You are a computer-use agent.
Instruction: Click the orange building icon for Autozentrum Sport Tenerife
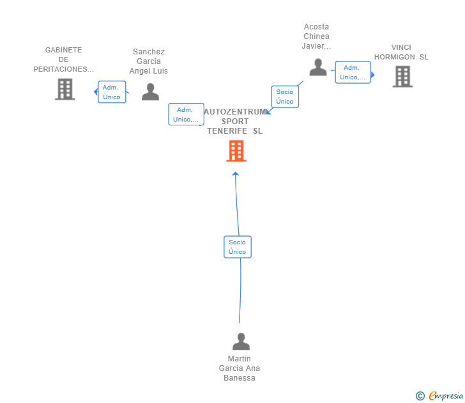tap(236, 151)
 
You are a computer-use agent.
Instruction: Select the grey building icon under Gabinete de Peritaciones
tap(65, 89)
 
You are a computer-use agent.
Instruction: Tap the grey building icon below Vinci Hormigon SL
tap(402, 77)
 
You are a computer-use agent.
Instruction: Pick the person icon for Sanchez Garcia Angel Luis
tap(150, 91)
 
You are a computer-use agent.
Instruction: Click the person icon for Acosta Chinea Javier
tap(318, 67)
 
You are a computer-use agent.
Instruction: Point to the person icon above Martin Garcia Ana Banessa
tap(241, 341)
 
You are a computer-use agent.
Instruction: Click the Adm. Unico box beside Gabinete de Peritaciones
tap(112, 92)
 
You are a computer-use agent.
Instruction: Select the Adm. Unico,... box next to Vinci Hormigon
tap(353, 72)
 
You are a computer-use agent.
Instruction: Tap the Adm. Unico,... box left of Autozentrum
tap(187, 115)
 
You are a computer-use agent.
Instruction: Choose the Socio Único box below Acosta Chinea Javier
tap(285, 97)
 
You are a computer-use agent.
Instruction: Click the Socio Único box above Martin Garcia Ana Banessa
tap(238, 247)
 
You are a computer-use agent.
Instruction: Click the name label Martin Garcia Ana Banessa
tap(240, 368)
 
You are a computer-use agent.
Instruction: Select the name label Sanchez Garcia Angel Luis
tap(149, 61)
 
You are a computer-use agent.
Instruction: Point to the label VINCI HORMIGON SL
tap(401, 52)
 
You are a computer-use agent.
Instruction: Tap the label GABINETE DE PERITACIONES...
tap(63, 59)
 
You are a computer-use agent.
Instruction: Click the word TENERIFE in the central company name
tap(227, 131)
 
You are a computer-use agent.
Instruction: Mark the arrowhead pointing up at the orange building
tap(236, 174)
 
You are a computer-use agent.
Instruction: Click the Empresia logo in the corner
tap(446, 395)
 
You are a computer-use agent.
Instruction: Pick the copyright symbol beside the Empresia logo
tap(420, 396)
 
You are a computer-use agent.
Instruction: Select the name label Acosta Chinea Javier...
tap(316, 36)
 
